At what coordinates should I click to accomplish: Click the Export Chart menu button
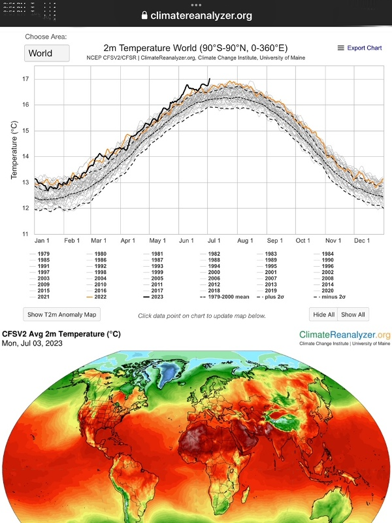(359, 48)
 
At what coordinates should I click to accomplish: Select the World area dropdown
(46, 53)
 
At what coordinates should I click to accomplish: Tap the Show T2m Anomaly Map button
(61, 314)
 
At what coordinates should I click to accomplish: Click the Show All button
(353, 314)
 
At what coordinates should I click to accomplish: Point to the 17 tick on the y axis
(26, 79)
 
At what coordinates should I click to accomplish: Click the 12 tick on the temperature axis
(26, 208)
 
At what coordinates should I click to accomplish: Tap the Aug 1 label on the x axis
(245, 241)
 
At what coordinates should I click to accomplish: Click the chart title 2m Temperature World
(195, 48)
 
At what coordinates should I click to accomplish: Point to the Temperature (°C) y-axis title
(14, 150)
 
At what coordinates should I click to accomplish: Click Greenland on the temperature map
(169, 372)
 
